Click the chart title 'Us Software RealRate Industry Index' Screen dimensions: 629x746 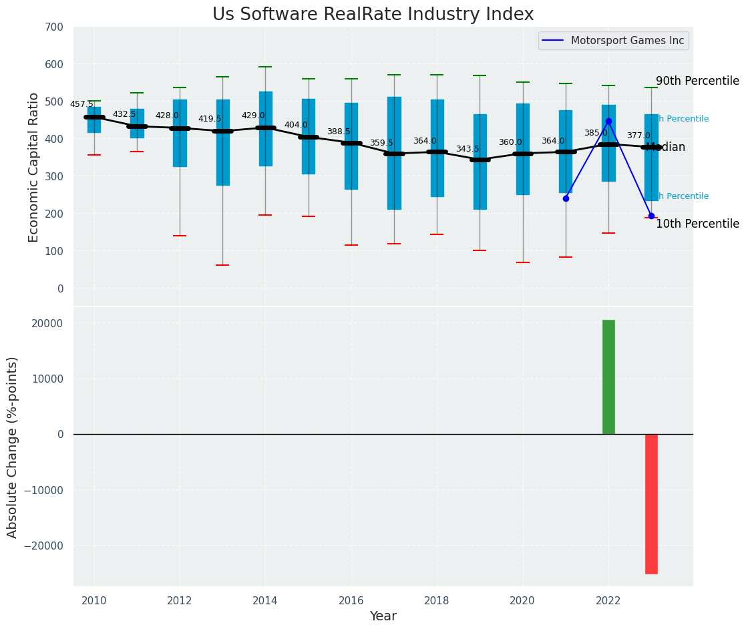(x=373, y=15)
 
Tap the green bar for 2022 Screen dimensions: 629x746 (x=608, y=377)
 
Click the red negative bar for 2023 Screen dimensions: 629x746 (x=651, y=503)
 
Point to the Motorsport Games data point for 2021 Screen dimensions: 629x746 (x=566, y=198)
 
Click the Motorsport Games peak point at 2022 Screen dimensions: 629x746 (x=608, y=121)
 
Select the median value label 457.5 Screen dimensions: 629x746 (x=81, y=104)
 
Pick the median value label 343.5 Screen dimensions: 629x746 (x=468, y=149)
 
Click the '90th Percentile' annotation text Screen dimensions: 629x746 (x=697, y=81)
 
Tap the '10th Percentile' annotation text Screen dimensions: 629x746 (x=697, y=224)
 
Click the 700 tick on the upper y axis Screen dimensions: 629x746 (x=54, y=27)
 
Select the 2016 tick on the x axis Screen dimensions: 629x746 (x=351, y=600)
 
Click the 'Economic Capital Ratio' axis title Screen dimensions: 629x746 (x=34, y=167)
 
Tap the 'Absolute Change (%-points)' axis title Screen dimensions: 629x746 (x=13, y=447)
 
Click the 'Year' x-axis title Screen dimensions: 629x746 (x=383, y=616)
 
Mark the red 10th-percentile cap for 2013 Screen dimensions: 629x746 (x=222, y=265)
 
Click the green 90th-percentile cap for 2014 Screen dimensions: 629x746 (x=265, y=67)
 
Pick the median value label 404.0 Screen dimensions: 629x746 (x=296, y=125)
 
